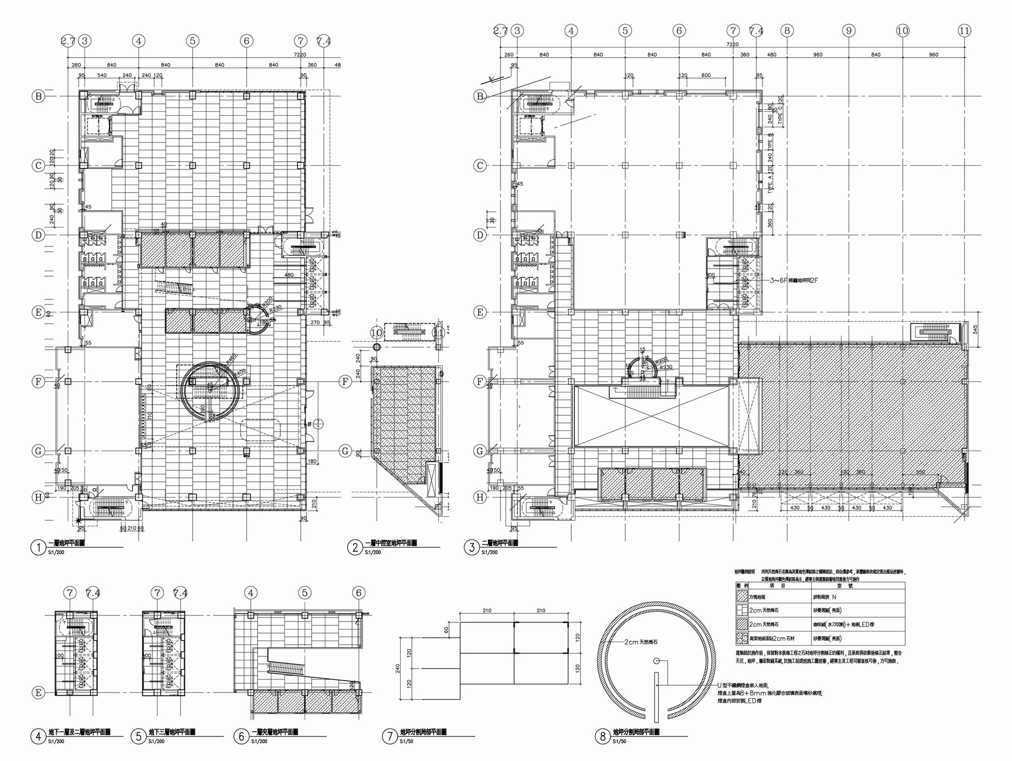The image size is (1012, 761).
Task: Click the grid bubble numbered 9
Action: (849, 31)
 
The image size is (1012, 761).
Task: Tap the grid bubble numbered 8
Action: (787, 31)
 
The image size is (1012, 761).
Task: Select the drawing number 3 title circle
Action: (472, 547)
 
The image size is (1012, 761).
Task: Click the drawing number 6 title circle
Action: (240, 737)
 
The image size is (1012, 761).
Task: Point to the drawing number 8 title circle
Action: (602, 737)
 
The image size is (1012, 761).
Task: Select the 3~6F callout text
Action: (793, 280)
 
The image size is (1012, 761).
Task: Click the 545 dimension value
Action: (975, 329)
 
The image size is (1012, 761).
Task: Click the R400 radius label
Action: (240, 372)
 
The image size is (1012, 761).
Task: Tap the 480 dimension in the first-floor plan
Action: (289, 276)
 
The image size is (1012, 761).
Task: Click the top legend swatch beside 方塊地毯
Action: (742, 597)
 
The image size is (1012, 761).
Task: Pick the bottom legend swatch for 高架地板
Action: (742, 638)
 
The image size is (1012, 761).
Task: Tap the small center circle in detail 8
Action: (656, 660)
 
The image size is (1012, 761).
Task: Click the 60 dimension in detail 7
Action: (446, 630)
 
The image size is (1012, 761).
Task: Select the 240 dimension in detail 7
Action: (398, 668)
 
